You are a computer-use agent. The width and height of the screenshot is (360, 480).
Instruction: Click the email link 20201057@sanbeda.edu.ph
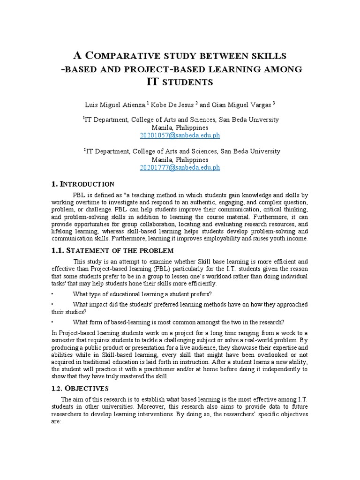(180, 135)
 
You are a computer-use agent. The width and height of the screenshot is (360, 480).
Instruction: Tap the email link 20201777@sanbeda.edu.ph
(180, 167)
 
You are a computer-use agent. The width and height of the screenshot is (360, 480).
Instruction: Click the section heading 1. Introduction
(82, 184)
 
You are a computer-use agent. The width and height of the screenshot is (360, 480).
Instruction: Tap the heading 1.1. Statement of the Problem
(112, 251)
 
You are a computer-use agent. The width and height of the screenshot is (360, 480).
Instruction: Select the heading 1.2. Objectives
(80, 389)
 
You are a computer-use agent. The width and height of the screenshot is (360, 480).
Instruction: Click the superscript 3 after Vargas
(274, 102)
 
